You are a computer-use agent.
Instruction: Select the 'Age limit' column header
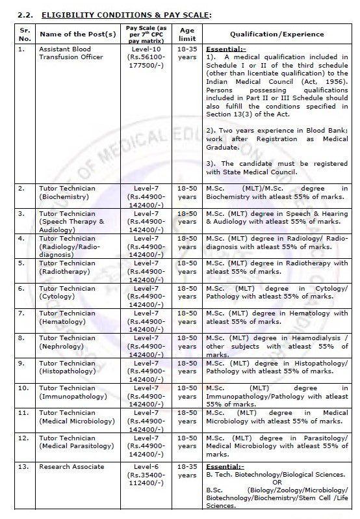(186, 33)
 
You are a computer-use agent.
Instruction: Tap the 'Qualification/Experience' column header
(276, 34)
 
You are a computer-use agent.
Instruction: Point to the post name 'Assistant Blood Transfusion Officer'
(70, 53)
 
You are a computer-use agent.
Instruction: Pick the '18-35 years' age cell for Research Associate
(186, 471)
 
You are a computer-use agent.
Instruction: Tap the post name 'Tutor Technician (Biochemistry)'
(67, 192)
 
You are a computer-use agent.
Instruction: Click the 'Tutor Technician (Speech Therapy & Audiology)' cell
(71, 221)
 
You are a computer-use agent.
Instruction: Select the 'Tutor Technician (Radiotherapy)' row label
(68, 267)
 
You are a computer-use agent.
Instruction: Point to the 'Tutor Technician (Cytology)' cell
(67, 292)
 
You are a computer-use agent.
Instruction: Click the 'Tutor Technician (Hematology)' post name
(67, 317)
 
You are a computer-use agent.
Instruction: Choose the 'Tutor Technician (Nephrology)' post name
(67, 342)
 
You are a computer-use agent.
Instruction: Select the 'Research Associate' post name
(71, 467)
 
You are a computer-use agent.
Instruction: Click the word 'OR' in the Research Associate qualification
(277, 482)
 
